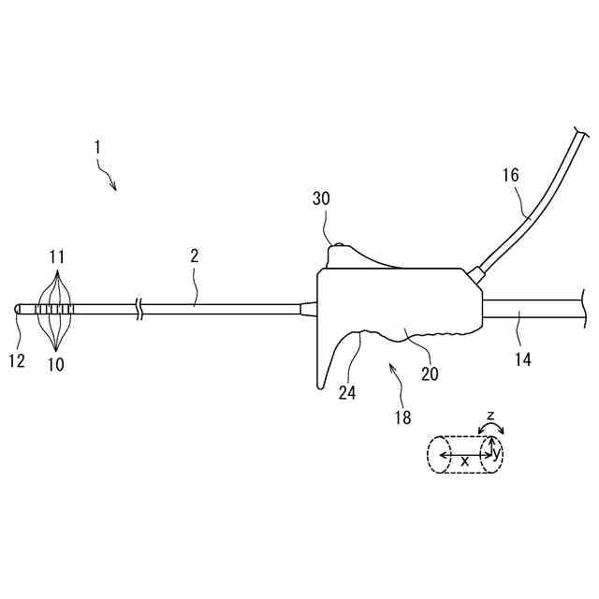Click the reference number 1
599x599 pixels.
(x=96, y=147)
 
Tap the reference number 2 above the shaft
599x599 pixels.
(x=195, y=255)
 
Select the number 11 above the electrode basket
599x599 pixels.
(x=56, y=255)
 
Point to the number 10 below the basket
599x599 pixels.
(x=56, y=365)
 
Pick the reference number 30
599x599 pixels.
(x=321, y=198)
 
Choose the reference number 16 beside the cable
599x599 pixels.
(x=510, y=175)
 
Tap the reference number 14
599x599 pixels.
(x=522, y=358)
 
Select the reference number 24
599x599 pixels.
(x=346, y=393)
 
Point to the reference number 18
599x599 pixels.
(x=402, y=418)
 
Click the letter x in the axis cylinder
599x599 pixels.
(x=464, y=460)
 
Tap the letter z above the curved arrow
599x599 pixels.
(x=491, y=414)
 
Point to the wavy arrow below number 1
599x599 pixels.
(x=109, y=178)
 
